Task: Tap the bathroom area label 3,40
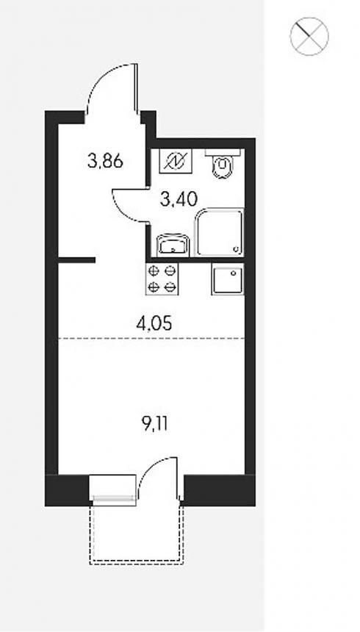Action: (x=179, y=198)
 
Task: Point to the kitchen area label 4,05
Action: (x=154, y=323)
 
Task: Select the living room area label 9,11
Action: (x=154, y=424)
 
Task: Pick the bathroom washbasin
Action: (x=173, y=245)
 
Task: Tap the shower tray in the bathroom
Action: (x=219, y=232)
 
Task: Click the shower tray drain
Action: (x=236, y=248)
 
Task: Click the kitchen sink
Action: (x=227, y=280)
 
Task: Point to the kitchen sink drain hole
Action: (x=233, y=273)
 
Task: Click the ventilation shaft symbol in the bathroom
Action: (x=176, y=161)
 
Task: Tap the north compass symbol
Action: (x=309, y=36)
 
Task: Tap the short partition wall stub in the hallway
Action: (x=76, y=260)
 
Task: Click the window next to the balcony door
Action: (x=113, y=489)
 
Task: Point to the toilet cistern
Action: (x=223, y=152)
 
